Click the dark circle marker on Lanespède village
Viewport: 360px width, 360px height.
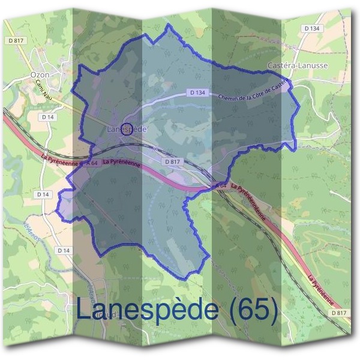(127, 128)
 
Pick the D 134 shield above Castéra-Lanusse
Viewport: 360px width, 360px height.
(311, 28)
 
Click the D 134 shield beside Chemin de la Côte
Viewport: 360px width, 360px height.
(197, 93)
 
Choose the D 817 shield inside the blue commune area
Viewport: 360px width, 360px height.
(172, 161)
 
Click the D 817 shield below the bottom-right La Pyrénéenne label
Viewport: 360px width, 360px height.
(340, 313)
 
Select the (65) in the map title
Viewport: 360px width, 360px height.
(254, 310)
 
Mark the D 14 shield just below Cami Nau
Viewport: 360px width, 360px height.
(49, 116)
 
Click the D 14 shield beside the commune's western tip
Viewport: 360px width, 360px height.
(43, 194)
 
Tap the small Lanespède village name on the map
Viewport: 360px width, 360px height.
(127, 129)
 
